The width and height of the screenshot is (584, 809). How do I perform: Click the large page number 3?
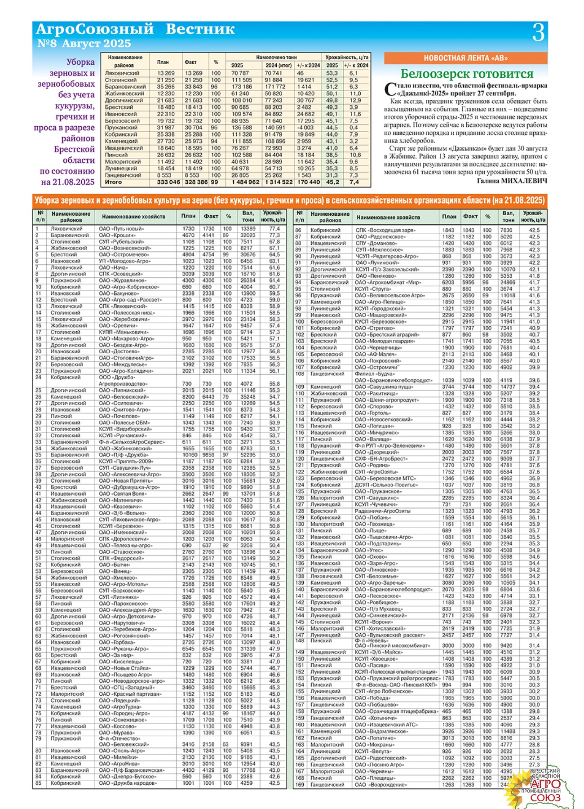click(538, 33)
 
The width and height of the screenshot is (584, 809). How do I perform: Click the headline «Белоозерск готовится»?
click(467, 74)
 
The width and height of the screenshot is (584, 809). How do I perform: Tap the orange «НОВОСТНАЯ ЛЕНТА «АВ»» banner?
click(465, 58)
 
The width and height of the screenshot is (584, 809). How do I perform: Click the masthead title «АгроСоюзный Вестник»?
click(135, 29)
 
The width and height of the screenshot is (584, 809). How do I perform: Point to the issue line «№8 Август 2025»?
click(84, 44)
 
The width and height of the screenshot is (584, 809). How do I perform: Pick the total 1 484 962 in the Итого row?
click(245, 182)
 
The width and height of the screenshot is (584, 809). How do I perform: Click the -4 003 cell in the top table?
click(305, 128)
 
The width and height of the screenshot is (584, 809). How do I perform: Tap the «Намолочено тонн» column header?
click(276, 58)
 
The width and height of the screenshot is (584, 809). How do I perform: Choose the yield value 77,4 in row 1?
click(274, 229)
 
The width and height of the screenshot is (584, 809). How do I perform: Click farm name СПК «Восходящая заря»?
click(385, 230)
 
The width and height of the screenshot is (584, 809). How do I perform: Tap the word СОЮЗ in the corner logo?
click(545, 798)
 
